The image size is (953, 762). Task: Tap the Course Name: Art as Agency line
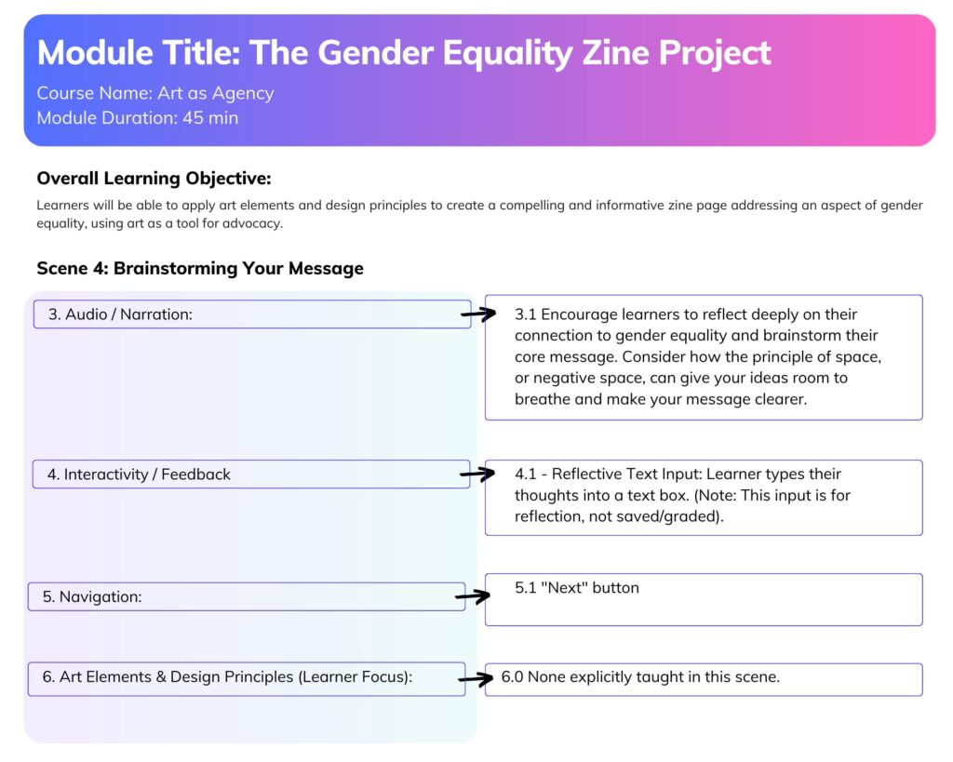(155, 93)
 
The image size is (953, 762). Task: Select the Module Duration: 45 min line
(138, 118)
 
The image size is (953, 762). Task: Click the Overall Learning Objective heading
(154, 178)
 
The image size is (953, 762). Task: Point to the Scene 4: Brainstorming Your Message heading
(200, 268)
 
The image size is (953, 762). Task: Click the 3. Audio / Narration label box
(252, 314)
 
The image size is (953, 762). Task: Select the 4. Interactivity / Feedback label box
(251, 474)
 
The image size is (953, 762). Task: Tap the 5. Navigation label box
(247, 596)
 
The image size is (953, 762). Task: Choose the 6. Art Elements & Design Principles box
(247, 679)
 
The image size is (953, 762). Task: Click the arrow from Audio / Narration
(479, 314)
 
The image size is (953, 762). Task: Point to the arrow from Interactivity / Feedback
(477, 474)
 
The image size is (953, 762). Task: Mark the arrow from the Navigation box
(473, 596)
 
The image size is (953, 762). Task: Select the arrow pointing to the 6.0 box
(476, 679)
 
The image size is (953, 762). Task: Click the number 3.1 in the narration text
(525, 314)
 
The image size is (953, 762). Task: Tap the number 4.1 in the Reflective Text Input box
(525, 474)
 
